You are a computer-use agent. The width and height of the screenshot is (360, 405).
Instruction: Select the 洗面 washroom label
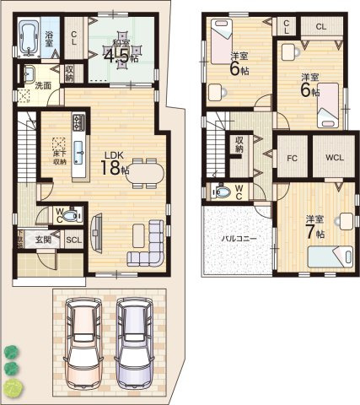coord(43,85)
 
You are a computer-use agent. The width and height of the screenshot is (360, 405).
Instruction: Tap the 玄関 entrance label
coord(43,240)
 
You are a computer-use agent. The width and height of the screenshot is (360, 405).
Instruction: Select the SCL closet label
coord(73,240)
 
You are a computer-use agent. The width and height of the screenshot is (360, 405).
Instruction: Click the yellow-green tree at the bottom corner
coord(13,388)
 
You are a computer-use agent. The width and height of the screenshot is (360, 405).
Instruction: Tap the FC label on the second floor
coord(293,157)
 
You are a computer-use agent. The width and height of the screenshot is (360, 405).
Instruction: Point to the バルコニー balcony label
coord(239,240)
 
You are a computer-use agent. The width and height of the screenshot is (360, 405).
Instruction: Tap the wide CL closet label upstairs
coord(321,27)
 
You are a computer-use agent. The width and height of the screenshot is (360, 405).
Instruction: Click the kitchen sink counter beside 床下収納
coord(78,151)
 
